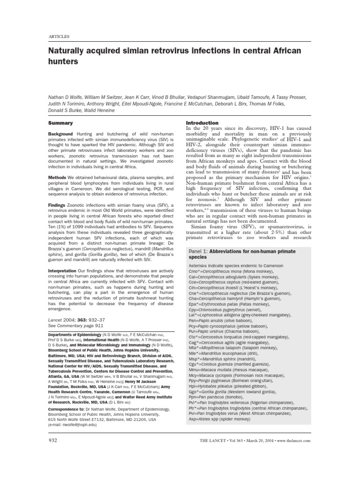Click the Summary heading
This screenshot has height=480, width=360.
click(x=61, y=123)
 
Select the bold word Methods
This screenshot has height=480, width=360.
click(x=57, y=178)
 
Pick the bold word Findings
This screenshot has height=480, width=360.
click(x=58, y=205)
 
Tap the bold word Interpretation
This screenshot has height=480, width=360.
click(x=63, y=271)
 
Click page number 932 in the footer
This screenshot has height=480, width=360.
click(x=53, y=440)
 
